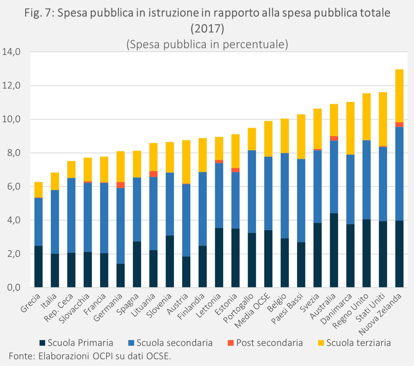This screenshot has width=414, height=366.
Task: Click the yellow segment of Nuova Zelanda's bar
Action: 399,96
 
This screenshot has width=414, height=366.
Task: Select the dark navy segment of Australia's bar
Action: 334,250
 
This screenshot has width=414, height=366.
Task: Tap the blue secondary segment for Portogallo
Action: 252,192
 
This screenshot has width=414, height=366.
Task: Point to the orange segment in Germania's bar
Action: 121,185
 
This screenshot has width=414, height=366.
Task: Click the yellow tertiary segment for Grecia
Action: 39,190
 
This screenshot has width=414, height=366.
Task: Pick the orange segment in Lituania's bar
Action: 153,174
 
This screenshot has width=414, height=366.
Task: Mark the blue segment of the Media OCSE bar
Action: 268,193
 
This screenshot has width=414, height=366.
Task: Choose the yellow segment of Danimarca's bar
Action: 350,128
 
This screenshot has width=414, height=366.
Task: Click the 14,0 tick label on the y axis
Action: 11,52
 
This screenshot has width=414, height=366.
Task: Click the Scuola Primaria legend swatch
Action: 42,343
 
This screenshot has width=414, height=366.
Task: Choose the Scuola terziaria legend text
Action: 358,343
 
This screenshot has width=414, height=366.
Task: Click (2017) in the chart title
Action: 207,28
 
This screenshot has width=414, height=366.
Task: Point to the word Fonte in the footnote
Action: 21,356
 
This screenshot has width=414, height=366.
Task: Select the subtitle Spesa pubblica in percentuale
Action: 207,44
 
